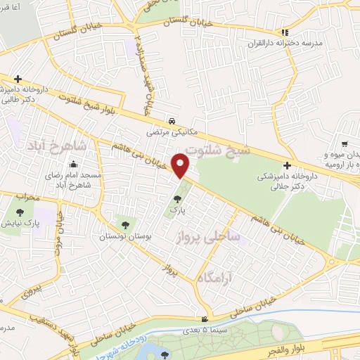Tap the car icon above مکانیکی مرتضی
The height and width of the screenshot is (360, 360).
point(172,120)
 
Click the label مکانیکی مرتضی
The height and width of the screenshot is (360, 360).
point(168,131)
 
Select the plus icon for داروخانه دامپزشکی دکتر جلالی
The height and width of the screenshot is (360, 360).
point(287,165)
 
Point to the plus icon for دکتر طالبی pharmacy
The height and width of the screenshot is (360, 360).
point(18,79)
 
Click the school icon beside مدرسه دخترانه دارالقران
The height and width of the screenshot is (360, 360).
point(284,32)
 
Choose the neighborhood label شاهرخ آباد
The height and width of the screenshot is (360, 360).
point(77,146)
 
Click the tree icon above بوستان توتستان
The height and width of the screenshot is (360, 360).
point(125,224)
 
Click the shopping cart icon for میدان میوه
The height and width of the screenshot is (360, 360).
point(344,143)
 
